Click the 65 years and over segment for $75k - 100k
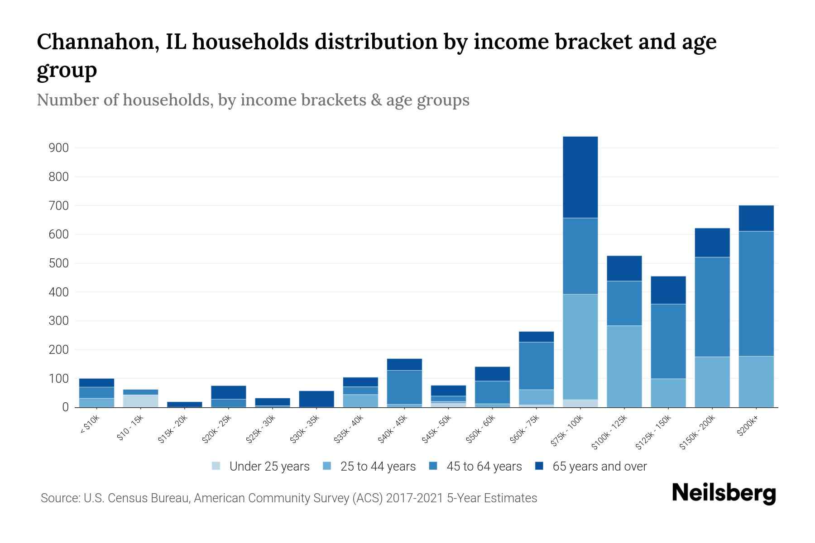point(580,177)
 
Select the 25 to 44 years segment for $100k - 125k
point(624,367)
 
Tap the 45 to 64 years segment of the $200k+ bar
point(756,294)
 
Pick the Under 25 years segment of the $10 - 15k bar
point(140,401)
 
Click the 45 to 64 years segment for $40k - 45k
point(404,387)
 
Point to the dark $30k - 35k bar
point(316,399)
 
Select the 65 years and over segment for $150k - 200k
point(712,243)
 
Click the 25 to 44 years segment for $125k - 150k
point(668,393)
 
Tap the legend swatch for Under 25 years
point(216,466)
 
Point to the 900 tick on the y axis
point(59,148)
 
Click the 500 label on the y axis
point(59,263)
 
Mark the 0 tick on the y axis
point(66,408)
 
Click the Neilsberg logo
point(724,493)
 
